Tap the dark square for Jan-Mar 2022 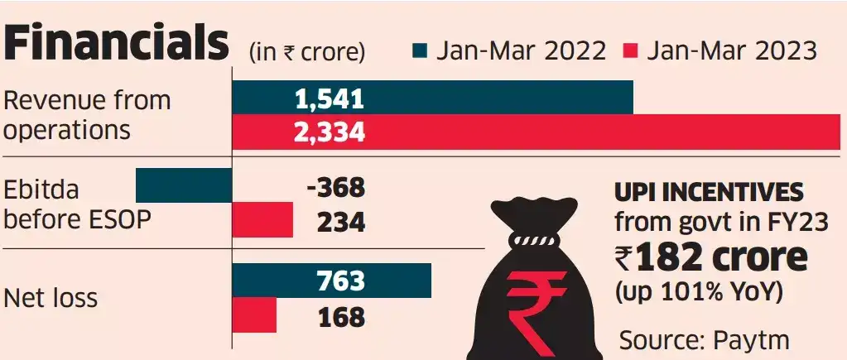tap(421, 50)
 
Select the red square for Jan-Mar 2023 tap(632, 50)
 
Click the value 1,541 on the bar tap(330, 100)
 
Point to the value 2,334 tap(330, 132)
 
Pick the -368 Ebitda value tap(334, 188)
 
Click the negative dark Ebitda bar tap(183, 185)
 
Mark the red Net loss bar tap(254, 315)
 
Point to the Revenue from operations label tap(87, 115)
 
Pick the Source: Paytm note tap(703, 339)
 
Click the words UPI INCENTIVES tap(708, 194)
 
